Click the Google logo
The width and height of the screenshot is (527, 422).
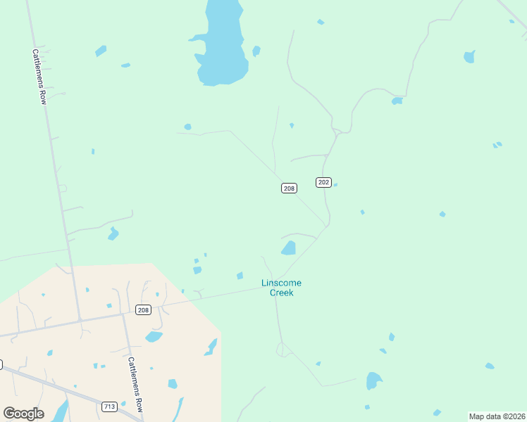pos(24,414)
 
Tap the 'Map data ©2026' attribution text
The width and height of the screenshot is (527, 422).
pos(497,416)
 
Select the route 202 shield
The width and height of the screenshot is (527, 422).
pos(323,182)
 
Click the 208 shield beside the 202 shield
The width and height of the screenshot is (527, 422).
pos(289,188)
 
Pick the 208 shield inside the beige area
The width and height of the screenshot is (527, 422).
pos(144,310)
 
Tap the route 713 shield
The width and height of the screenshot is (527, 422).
pos(109,407)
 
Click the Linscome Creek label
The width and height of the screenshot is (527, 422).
pos(281,288)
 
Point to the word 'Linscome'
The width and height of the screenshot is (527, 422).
pos(281,283)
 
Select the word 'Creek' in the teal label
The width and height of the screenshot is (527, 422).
pos(282,293)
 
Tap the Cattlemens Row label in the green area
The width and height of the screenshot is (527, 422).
pos(39,77)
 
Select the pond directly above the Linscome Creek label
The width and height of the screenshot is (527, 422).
pos(289,248)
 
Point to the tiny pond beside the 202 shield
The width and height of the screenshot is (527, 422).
pos(335,185)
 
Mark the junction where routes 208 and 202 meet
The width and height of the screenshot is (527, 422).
pos(327,226)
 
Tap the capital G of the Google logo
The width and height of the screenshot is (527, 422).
pos(10,414)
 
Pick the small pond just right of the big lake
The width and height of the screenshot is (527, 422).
pos(256,51)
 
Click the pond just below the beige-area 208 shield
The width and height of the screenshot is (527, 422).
pos(154,336)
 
